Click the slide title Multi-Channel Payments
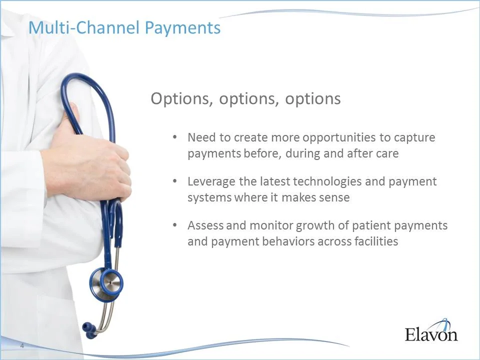click(124, 27)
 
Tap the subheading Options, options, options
click(245, 98)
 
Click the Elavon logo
click(431, 331)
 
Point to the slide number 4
click(22, 346)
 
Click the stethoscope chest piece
click(106, 283)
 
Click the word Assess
click(205, 225)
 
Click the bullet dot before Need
click(174, 137)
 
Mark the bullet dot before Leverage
click(174, 181)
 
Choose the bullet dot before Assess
click(174, 225)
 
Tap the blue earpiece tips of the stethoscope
click(88, 327)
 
